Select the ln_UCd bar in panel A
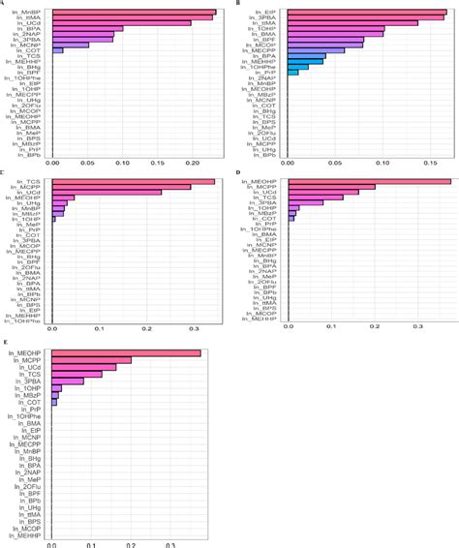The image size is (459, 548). [121, 22]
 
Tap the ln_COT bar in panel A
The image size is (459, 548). [57, 50]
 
